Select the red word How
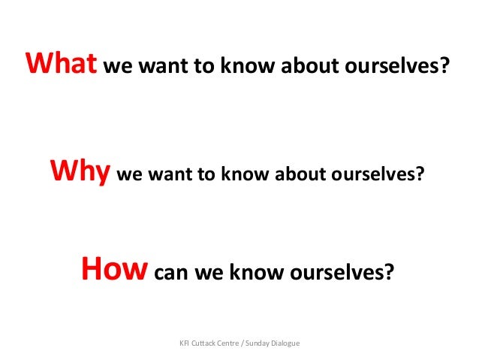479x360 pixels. point(112,268)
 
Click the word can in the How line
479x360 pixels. point(171,271)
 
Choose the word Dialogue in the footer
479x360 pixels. point(286,343)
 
